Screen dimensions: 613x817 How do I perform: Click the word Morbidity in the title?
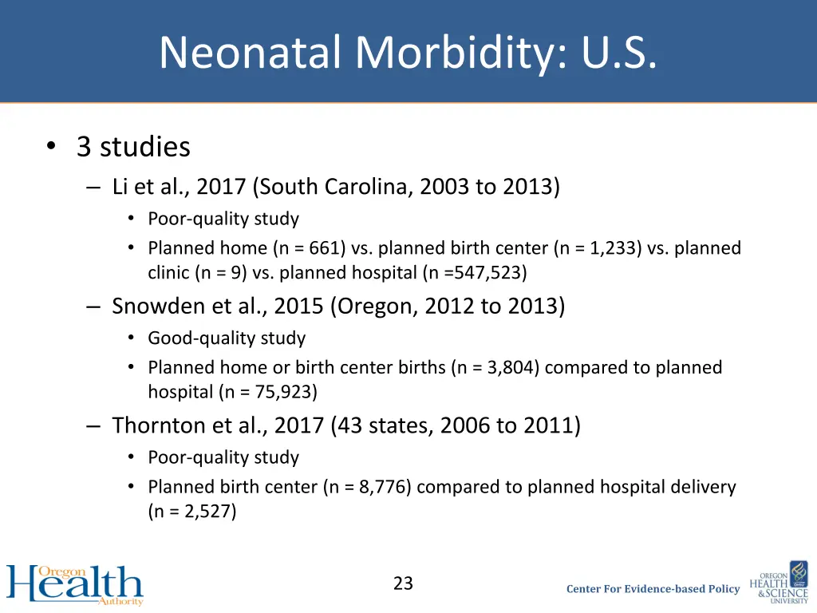[x=457, y=53]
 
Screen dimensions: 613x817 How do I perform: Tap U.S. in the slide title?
[x=619, y=53]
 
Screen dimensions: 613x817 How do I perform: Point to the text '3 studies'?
[x=133, y=147]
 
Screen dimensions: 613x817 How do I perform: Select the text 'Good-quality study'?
[x=227, y=338]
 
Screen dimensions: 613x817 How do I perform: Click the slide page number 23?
[x=403, y=583]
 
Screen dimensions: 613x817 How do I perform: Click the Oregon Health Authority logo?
[x=75, y=585]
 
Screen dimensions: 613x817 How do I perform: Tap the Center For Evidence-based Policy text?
[x=653, y=589]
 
